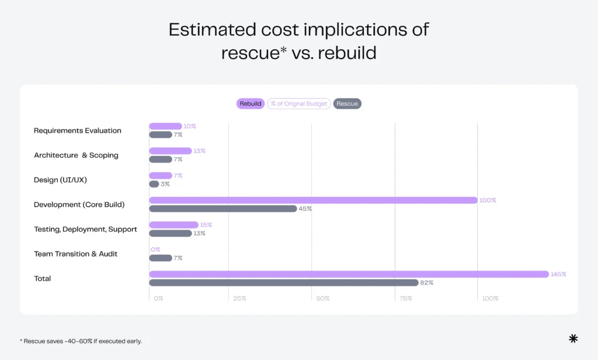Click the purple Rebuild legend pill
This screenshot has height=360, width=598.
(x=251, y=103)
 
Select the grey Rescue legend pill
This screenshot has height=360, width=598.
(x=347, y=103)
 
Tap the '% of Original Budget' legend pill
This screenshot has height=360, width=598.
(x=299, y=103)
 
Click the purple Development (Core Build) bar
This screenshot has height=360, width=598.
(x=313, y=200)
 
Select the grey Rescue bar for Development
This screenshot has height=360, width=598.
(x=223, y=209)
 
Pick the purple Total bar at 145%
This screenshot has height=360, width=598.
(x=349, y=274)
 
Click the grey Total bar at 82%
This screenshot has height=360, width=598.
(x=284, y=283)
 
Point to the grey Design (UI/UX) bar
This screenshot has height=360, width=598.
(x=154, y=184)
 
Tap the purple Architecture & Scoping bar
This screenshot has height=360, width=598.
(x=171, y=151)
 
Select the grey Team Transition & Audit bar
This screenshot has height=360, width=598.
(x=161, y=258)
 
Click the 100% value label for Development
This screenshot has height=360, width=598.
(x=488, y=200)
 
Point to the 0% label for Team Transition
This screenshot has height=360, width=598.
(x=155, y=250)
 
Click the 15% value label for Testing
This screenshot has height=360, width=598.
(x=206, y=225)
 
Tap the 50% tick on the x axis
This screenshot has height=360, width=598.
(x=323, y=299)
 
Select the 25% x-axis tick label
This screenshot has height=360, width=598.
(x=239, y=299)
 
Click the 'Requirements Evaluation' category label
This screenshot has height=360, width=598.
(x=78, y=130)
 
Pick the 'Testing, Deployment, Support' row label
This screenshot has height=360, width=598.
(x=85, y=229)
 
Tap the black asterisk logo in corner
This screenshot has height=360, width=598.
(x=573, y=338)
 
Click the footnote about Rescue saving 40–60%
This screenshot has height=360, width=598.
(x=81, y=341)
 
